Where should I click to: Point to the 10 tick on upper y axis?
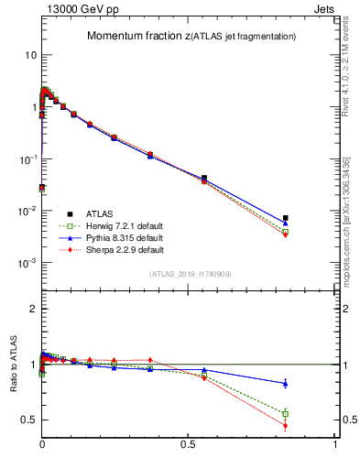click(29, 55)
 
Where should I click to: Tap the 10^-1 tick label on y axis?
click(27, 159)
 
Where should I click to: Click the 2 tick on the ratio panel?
click(33, 309)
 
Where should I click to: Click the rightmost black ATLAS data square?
click(286, 218)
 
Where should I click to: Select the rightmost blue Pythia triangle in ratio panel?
click(286, 383)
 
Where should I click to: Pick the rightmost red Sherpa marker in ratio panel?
click(286, 426)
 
